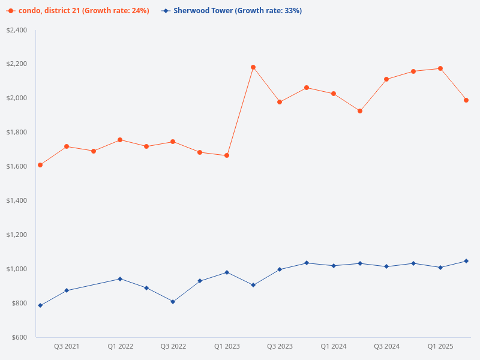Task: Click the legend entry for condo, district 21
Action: click(77, 11)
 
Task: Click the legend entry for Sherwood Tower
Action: click(232, 11)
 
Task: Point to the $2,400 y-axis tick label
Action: click(16, 30)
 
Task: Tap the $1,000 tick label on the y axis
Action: click(16, 269)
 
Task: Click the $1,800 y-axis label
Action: click(16, 132)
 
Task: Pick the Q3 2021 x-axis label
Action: click(67, 347)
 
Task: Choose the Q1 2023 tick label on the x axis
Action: click(227, 347)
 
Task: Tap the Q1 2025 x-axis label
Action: click(440, 347)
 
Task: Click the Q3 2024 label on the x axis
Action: click(386, 347)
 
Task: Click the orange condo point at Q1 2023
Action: click(227, 155)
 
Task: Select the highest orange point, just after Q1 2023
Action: click(253, 67)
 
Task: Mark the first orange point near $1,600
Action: click(40, 165)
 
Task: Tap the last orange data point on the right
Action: click(466, 100)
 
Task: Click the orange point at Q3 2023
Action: click(280, 102)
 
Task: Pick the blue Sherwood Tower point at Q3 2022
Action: click(173, 302)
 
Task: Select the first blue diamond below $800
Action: click(40, 305)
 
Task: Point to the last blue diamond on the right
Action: click(466, 261)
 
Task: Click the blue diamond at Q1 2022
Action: click(120, 279)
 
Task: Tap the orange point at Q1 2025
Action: click(440, 68)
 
